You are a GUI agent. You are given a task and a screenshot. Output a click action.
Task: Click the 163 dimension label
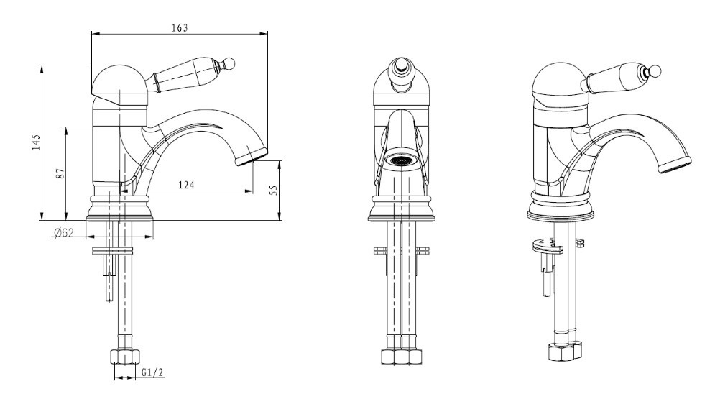[x=180, y=28]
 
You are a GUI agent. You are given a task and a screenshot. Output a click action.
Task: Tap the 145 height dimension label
[x=37, y=142]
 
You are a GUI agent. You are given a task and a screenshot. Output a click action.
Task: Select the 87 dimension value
[x=60, y=173]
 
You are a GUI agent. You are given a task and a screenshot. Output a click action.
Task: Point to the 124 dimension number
[x=186, y=185]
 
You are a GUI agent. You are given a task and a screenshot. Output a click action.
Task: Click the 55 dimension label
[x=274, y=191]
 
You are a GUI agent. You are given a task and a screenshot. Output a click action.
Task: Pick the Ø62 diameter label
[x=63, y=233]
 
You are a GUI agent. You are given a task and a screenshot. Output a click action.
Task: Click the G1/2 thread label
[x=152, y=372]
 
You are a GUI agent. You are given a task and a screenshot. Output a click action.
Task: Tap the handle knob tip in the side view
[x=229, y=63]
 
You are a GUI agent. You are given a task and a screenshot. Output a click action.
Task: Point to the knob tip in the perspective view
[x=656, y=70]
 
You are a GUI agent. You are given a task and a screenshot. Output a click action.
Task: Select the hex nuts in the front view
[x=401, y=357]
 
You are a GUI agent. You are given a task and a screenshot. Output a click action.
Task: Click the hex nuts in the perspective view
[x=566, y=352]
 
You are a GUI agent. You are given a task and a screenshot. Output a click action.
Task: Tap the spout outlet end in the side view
[x=252, y=157]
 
